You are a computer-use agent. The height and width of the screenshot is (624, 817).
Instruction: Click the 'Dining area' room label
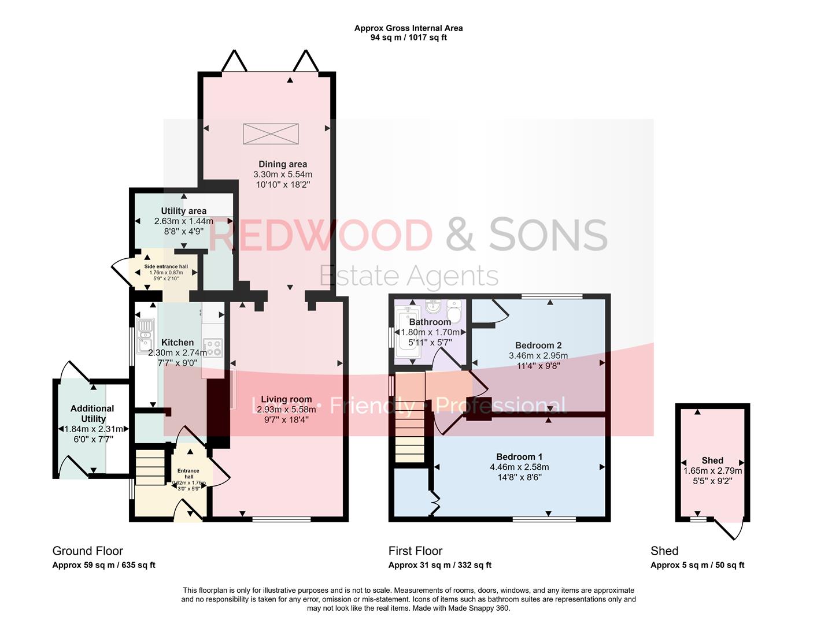283,164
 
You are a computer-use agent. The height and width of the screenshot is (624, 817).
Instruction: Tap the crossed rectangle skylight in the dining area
271,133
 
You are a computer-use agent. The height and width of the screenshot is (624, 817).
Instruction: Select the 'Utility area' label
183,211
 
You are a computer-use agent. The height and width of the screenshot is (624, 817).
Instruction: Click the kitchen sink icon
145,335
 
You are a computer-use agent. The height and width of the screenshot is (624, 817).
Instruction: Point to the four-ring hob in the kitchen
212,347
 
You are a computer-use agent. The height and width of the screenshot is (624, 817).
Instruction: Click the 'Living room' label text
286,399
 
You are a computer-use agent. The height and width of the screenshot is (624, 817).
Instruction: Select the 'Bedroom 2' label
538,346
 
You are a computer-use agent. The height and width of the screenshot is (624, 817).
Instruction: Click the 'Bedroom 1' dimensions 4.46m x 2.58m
519,467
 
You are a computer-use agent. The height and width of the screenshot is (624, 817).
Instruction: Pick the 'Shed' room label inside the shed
712,460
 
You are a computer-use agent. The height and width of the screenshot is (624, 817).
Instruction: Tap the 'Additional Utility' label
93,413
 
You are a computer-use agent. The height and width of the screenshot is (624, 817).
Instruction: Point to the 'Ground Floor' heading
87,551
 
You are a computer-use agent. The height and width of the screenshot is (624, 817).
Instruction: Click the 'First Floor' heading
415,551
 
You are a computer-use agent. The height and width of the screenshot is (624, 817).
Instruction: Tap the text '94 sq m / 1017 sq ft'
408,38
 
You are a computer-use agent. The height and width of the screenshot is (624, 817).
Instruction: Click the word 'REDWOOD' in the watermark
320,235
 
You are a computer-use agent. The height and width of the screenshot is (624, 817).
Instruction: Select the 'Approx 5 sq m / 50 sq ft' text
697,565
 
